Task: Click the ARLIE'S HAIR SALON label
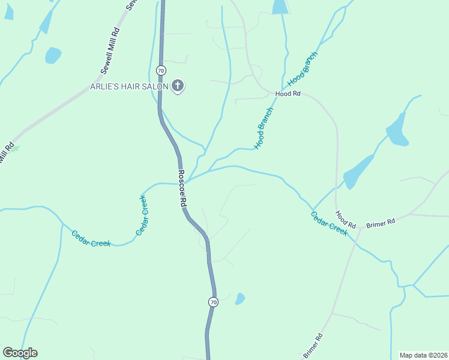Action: pos(129,86)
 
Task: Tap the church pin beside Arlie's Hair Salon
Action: pos(178,86)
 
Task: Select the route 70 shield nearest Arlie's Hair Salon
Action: pos(160,70)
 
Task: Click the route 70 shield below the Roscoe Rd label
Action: pos(213,302)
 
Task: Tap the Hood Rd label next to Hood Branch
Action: pos(288,94)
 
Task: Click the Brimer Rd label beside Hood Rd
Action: pos(381,222)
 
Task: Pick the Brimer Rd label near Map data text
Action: pos(313,345)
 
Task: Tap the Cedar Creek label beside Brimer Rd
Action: pos(329,223)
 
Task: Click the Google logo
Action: pos(20,353)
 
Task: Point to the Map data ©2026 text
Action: pos(423,355)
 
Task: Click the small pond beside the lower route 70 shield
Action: pos(240,298)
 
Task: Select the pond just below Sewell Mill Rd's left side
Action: pos(53,55)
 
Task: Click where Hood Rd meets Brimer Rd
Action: pos(358,229)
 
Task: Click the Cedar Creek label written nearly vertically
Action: pos(142,215)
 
